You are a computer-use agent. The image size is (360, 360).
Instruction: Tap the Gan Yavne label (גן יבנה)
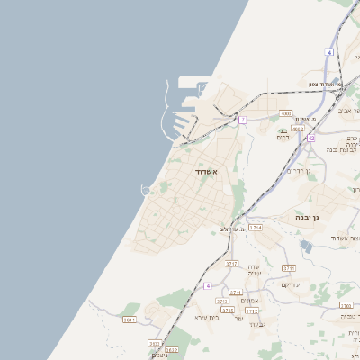[x=307, y=218]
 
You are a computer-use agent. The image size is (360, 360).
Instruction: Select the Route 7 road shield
[x=242, y=120]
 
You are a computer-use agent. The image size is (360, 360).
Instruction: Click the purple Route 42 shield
[x=310, y=138]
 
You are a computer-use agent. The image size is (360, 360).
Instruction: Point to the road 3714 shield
[x=256, y=229]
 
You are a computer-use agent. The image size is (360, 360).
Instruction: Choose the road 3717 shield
[x=231, y=264]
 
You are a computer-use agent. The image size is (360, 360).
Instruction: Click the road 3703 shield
[x=346, y=305]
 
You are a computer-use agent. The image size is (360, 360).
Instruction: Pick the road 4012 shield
[x=298, y=130]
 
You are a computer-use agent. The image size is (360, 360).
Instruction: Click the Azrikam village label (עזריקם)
[x=290, y=284]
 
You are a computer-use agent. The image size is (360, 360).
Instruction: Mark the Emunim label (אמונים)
[x=251, y=300]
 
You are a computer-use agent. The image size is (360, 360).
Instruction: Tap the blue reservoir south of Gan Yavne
[x=306, y=245]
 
